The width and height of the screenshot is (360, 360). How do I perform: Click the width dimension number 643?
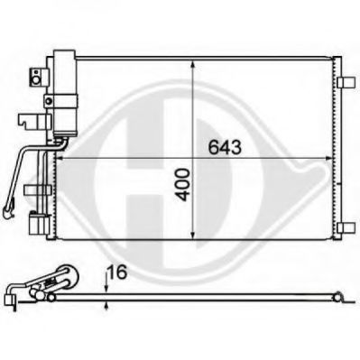[226, 147]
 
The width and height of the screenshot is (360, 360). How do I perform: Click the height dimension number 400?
[183, 185]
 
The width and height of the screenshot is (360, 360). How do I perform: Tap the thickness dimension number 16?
[116, 272]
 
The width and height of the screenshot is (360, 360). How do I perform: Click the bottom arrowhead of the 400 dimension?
[193, 234]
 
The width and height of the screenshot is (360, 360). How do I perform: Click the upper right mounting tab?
[345, 82]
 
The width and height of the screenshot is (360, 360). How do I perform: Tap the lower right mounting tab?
[345, 228]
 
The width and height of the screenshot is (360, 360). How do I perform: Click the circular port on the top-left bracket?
[36, 80]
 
